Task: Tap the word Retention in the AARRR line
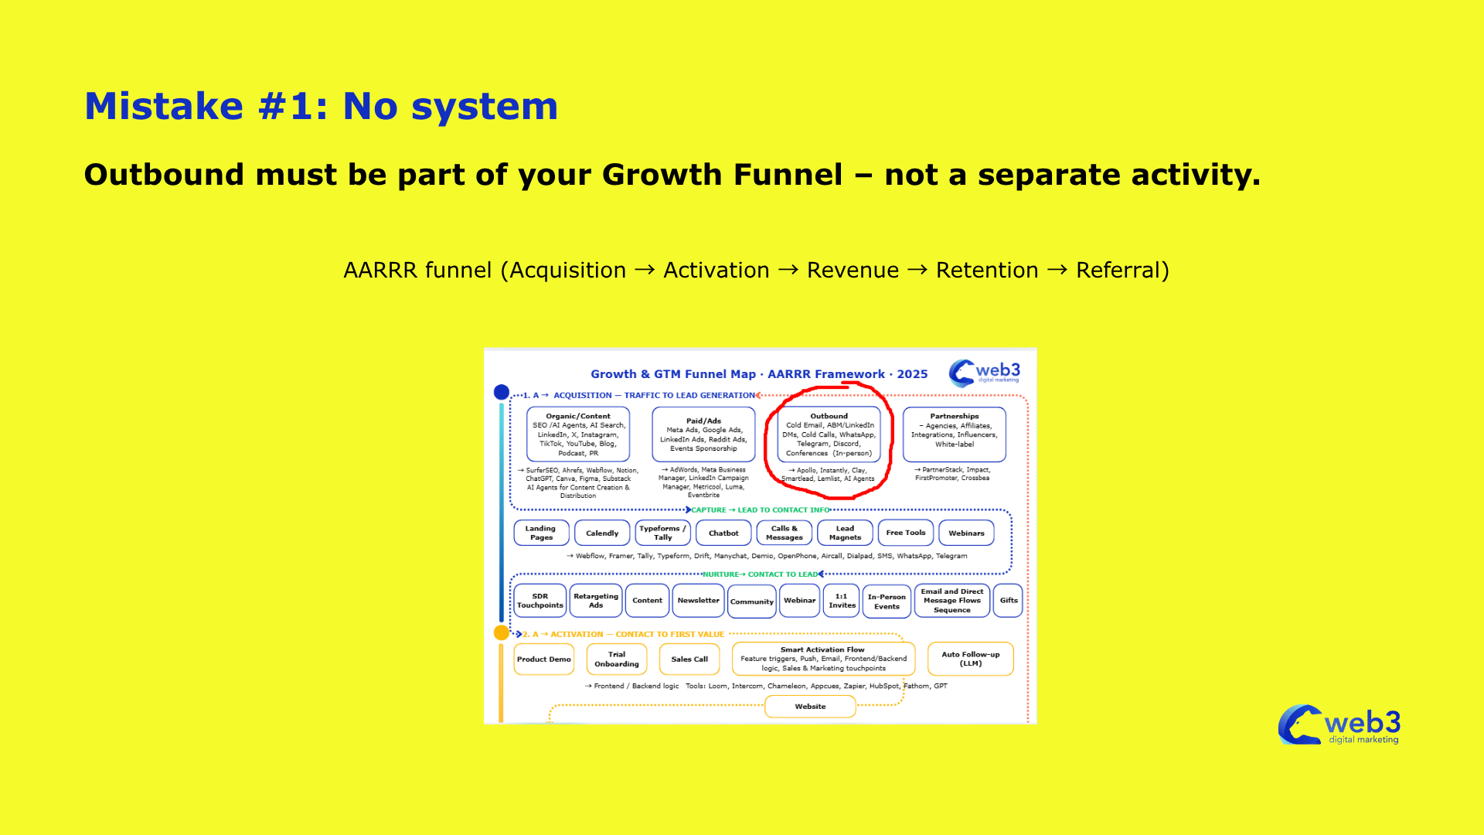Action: (987, 270)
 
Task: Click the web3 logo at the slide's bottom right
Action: (1339, 725)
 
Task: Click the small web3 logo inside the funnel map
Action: (985, 372)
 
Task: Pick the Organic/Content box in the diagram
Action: (578, 434)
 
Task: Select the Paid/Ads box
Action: (703, 434)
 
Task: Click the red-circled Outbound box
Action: (829, 434)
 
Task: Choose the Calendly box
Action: (601, 533)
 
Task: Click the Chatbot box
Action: (723, 533)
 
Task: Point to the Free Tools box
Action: (905, 533)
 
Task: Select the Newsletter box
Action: (698, 600)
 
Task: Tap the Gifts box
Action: (1008, 600)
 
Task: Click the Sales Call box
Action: (689, 659)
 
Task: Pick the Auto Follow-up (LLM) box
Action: (970, 659)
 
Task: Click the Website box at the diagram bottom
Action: (809, 706)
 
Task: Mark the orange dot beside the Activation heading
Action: (501, 632)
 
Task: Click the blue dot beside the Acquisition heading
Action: (501, 392)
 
